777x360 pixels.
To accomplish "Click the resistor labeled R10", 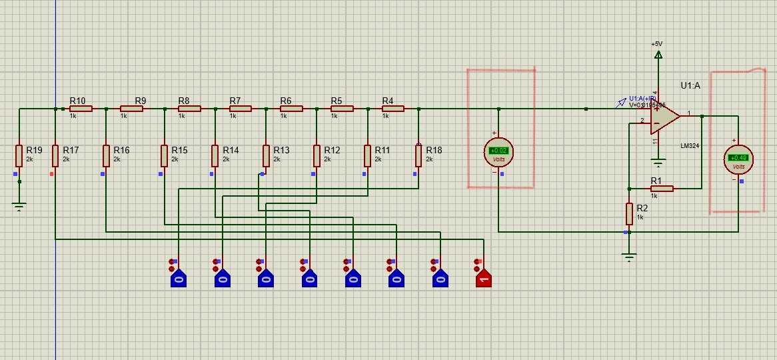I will tap(81, 108).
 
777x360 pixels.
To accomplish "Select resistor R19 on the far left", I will tap(19, 156).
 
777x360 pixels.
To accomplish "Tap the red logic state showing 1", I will tap(483, 277).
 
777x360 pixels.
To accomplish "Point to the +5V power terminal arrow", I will tap(658, 54).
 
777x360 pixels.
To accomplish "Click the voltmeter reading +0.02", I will tap(498, 151).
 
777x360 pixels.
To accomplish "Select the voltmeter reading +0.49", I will tap(738, 158).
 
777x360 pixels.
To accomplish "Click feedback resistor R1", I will tap(662, 189).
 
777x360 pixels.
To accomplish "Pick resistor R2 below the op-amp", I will tap(629, 214).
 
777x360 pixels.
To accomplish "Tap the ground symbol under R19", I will tap(19, 207).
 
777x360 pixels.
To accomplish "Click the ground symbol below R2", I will tap(629, 257).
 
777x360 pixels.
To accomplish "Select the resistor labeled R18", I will tap(418, 156).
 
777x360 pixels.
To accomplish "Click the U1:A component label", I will tap(690, 85).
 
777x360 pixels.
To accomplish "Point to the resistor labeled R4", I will tap(392, 108).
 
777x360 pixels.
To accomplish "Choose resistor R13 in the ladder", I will tap(266, 156).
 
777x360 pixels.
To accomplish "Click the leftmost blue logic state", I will tap(178, 277).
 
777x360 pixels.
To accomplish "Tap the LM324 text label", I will tap(690, 145).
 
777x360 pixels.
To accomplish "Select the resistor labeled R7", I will tap(240, 108).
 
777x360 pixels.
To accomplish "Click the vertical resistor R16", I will tap(106, 156).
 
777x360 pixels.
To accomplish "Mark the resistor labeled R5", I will tap(342, 108).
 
